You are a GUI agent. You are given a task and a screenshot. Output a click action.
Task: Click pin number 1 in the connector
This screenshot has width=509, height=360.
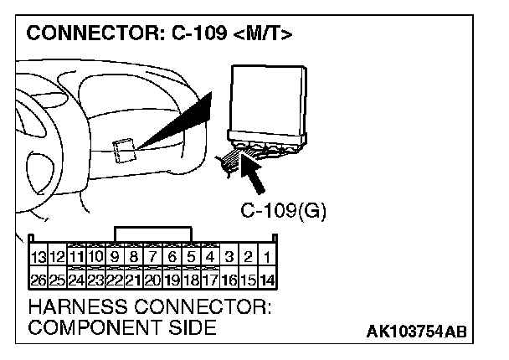coord(266,257)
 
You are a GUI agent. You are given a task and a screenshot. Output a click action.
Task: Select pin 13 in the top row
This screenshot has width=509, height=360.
coord(37,257)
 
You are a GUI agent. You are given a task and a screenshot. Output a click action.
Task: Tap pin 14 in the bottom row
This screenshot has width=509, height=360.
coord(266,278)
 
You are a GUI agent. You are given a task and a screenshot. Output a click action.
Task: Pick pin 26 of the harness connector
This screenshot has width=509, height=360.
coord(37,278)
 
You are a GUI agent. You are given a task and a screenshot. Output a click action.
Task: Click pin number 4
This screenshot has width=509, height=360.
coord(209,257)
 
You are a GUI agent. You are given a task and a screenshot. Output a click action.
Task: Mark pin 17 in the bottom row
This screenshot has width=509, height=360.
coord(209,278)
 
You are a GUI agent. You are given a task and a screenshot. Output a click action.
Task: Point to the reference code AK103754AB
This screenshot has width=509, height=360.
coord(416,332)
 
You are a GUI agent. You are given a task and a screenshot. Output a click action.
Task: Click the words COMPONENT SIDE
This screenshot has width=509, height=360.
coord(121,327)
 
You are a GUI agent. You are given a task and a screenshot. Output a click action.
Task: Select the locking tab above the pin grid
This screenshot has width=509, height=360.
coord(153,233)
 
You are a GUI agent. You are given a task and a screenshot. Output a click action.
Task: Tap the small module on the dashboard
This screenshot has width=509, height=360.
coord(124,151)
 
